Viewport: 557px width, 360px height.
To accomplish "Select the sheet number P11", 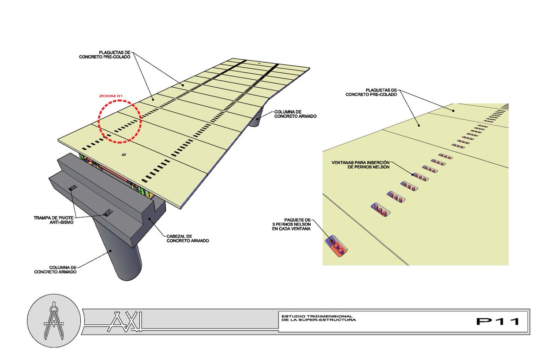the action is pos(497,321).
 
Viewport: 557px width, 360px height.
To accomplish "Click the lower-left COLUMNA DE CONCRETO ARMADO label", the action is pos(55,269).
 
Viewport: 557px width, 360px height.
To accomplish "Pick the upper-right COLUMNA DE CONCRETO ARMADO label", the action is pos(295,114).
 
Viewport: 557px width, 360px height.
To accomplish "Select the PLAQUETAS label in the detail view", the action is pos(371,92).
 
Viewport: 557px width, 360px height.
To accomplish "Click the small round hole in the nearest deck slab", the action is pos(123,154).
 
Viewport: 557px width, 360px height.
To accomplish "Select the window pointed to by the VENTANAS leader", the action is pos(420,177).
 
